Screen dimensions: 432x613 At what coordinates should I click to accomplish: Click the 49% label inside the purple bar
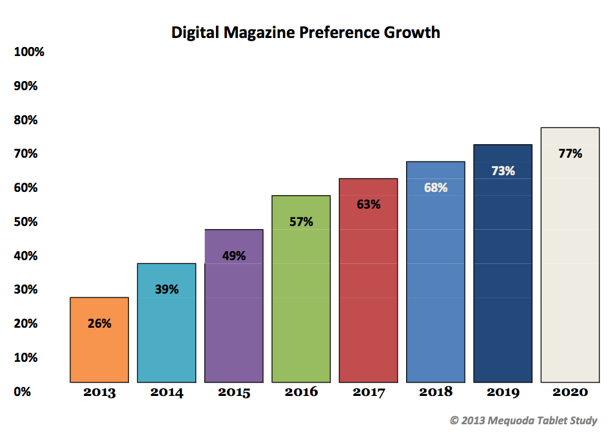pyautogui.click(x=234, y=256)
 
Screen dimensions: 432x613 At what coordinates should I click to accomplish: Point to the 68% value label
pyautogui.click(x=436, y=188)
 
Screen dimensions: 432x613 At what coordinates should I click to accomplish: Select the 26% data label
pyautogui.click(x=99, y=324)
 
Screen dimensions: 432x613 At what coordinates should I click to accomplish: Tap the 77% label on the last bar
pyautogui.click(x=570, y=154)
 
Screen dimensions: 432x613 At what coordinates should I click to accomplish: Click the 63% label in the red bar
pyautogui.click(x=369, y=205)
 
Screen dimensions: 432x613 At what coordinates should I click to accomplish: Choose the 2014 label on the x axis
pyautogui.click(x=167, y=393)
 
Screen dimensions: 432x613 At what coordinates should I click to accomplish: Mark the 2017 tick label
pyautogui.click(x=369, y=393)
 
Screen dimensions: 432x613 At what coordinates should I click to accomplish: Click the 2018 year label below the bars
pyautogui.click(x=436, y=392)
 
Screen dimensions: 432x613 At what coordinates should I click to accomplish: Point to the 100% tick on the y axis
pyautogui.click(x=29, y=52)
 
